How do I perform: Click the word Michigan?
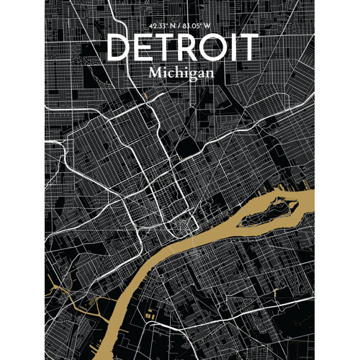coord(180,73)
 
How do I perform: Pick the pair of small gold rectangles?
coord(149,315)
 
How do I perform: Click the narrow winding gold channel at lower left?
coord(72,295)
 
